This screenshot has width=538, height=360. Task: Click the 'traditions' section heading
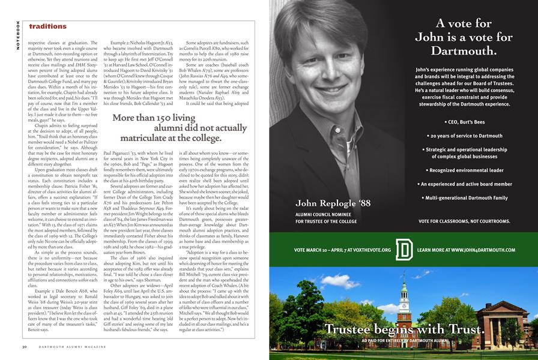point(47,26)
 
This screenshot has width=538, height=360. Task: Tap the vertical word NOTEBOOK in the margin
point(18,35)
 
